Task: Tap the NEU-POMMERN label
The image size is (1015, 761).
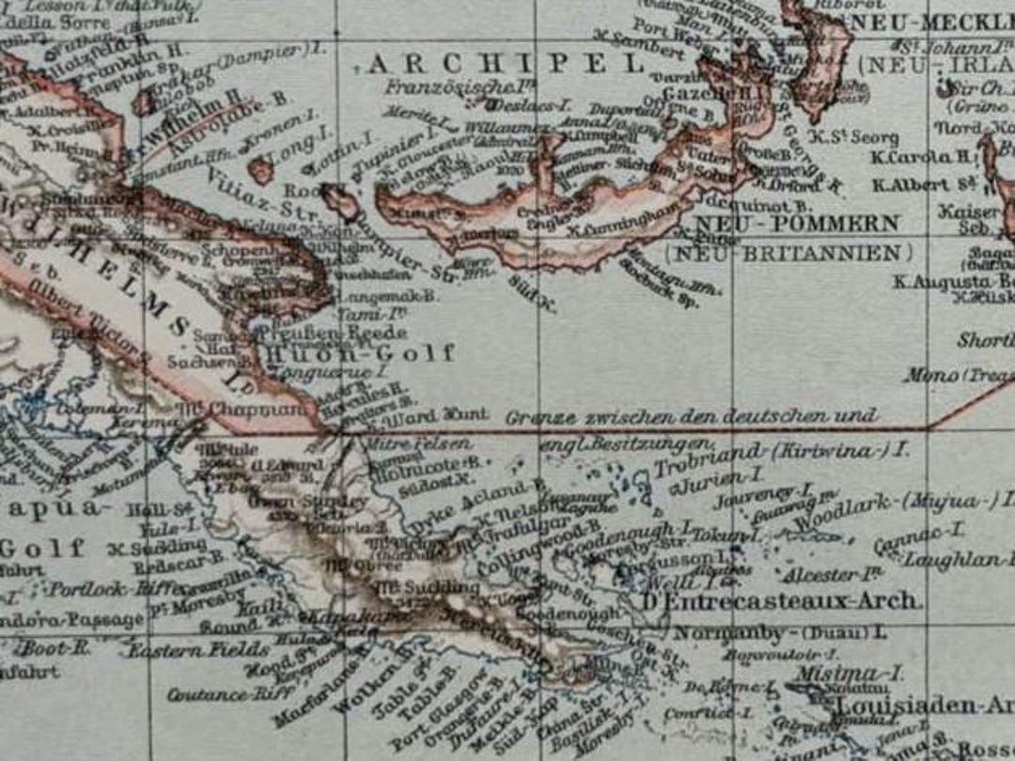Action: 797,225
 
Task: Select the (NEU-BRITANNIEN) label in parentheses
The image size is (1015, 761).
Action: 788,253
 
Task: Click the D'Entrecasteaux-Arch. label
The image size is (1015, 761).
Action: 781,600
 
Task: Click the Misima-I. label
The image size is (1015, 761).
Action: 849,674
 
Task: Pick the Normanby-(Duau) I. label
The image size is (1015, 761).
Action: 779,632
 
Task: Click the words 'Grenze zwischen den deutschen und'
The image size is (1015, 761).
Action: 691,416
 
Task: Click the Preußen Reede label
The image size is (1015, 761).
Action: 333,332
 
